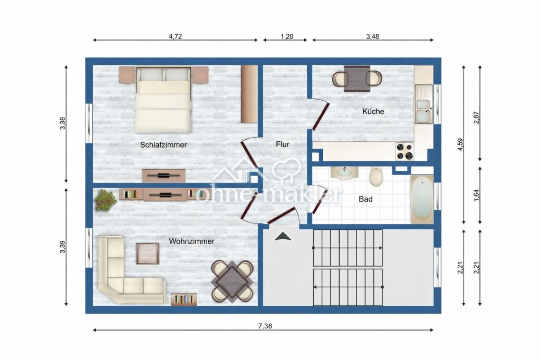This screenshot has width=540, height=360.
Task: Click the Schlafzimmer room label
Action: [x=163, y=145]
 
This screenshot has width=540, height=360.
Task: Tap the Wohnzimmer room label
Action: [x=191, y=241]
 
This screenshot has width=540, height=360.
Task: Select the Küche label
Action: [x=373, y=111]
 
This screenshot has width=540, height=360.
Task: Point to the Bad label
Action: [x=365, y=199]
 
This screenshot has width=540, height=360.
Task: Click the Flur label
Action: [x=283, y=144]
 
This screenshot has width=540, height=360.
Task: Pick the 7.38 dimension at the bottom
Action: [x=265, y=326]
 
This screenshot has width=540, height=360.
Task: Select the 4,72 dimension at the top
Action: [x=175, y=36]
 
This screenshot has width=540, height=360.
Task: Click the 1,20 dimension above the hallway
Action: [x=287, y=36]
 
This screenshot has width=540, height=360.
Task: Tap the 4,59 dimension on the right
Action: [x=460, y=144]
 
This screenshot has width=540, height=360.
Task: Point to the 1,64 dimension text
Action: [x=477, y=196]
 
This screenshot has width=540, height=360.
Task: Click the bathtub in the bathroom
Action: [x=422, y=199]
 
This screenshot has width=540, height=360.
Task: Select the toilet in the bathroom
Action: [x=375, y=177]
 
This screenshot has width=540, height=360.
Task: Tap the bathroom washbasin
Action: [x=344, y=172]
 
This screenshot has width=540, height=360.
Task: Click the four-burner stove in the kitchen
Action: [x=404, y=151]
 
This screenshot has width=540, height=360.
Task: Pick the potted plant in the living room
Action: [x=105, y=200]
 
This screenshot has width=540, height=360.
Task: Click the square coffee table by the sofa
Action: [x=148, y=254]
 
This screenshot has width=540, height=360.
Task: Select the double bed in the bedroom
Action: [x=163, y=100]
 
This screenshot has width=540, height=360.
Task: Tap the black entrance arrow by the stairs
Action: [x=283, y=236]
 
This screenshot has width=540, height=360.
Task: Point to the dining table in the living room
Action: [x=233, y=281]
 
